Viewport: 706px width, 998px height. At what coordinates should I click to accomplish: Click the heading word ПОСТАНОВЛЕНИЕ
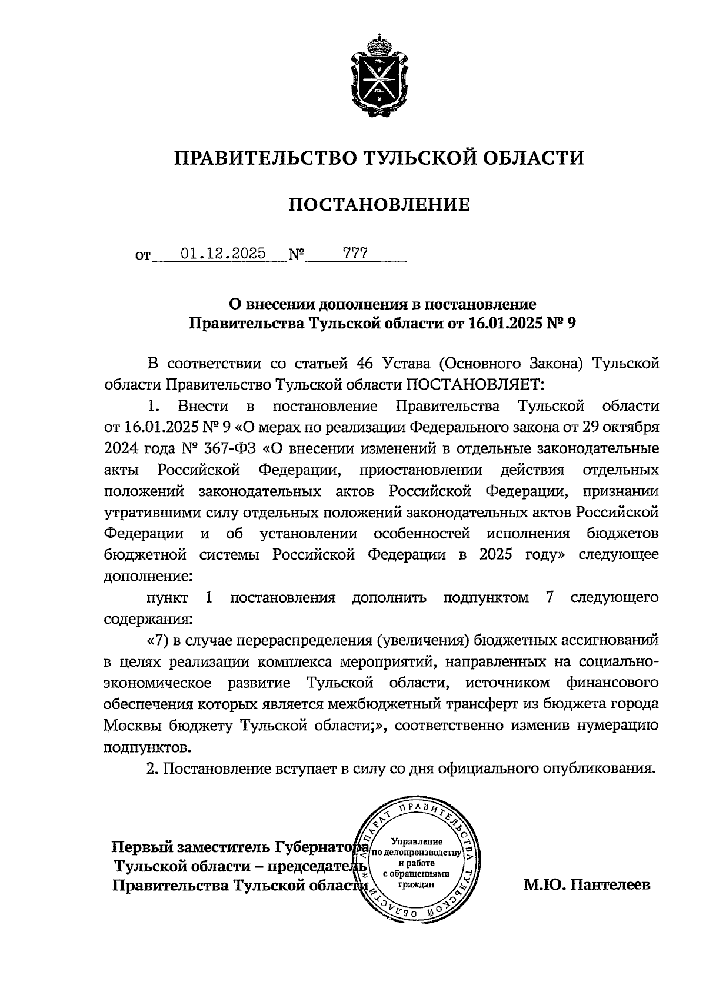(x=379, y=205)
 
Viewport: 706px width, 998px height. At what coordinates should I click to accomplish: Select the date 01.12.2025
(x=223, y=254)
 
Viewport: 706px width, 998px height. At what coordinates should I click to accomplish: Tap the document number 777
(x=356, y=254)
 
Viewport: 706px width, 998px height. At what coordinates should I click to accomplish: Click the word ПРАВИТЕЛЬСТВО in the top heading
(x=264, y=158)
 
